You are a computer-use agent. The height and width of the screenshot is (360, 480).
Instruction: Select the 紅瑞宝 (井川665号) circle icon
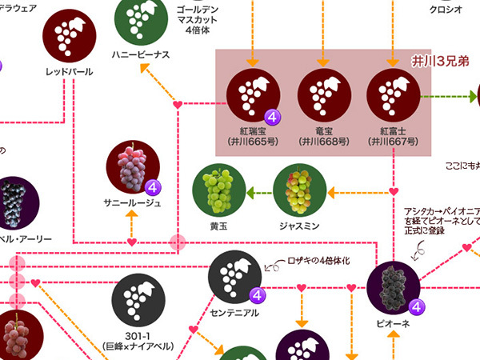252,95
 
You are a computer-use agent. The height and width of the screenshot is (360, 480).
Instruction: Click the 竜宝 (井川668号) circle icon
322,95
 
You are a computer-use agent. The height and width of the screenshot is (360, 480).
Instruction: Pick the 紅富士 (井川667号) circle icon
394,95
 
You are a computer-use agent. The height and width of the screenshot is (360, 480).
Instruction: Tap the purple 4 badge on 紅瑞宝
273,117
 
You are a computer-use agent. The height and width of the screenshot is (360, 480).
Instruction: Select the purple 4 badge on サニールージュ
154,189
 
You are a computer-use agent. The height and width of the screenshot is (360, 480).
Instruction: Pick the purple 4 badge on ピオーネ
416,306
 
